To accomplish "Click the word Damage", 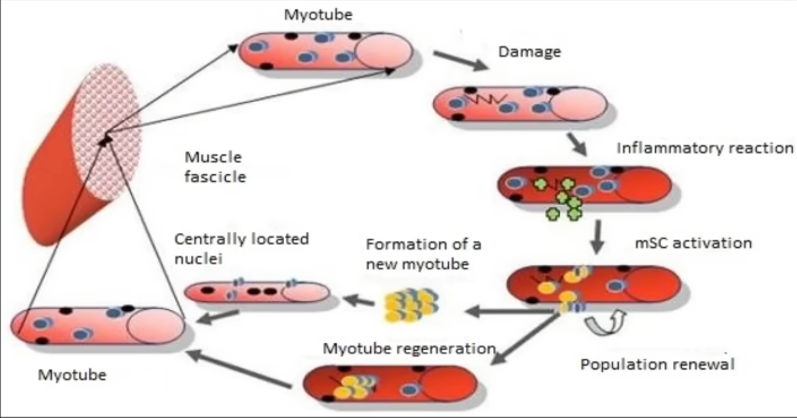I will coord(529,52).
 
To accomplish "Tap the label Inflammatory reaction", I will coord(704,148).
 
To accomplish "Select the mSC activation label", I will coord(693,243).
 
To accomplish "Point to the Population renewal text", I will coord(657,364).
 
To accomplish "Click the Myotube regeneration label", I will coord(409,348).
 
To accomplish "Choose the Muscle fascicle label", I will coord(215,167).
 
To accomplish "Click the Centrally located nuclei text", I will coord(241,248).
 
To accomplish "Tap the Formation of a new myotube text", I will coord(423,254).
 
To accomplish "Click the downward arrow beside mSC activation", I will coord(597,236).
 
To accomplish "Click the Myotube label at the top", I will coord(318,15).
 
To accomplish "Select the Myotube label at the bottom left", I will coord(72,375).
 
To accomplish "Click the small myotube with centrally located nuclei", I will coord(256,292).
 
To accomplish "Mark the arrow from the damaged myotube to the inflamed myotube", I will coord(576,144).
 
